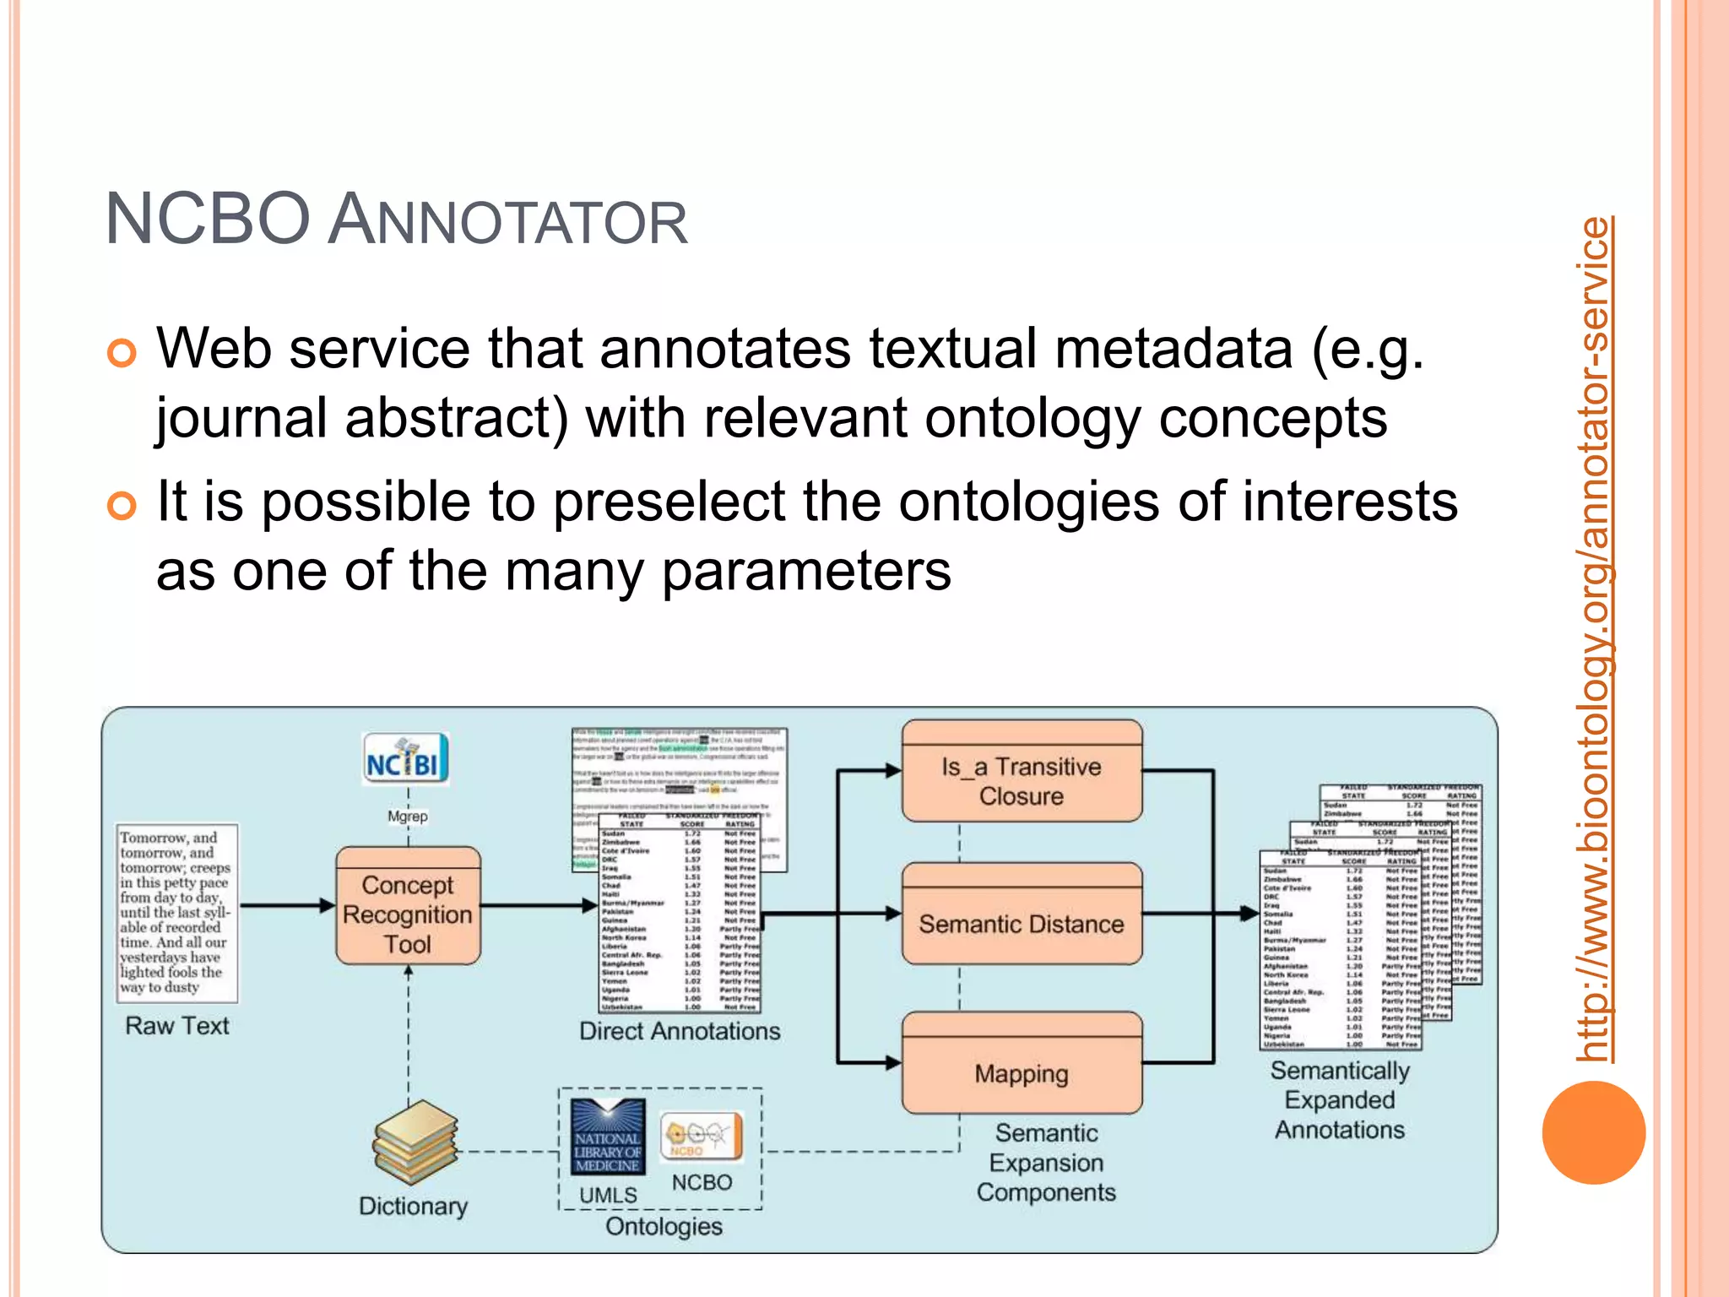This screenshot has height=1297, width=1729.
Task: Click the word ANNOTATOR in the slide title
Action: pos(507,221)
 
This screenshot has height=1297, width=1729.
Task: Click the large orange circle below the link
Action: pos(1593,1132)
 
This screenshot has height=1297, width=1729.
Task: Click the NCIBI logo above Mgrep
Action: pos(405,759)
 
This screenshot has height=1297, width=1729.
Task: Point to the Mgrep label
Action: pos(407,817)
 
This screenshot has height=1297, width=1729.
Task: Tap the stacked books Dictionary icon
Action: pos(415,1142)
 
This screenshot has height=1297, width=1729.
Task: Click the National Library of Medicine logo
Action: pos(607,1137)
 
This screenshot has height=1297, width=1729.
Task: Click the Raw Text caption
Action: pos(176,1026)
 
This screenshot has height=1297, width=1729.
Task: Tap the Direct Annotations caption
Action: pos(679,1031)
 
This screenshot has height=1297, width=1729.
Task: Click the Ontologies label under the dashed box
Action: pos(664,1226)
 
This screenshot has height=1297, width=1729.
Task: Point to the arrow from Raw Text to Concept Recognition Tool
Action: pos(287,906)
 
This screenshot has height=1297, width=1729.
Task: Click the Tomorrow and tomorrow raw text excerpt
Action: pos(176,912)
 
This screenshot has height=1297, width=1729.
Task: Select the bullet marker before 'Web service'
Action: pos(122,353)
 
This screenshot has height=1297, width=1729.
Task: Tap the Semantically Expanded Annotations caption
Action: pos(1340,1100)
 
